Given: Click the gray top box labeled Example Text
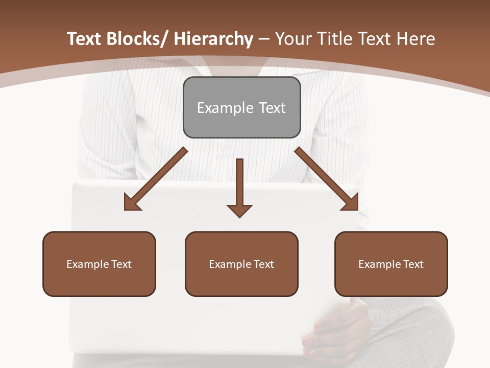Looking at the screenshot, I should click(241, 107).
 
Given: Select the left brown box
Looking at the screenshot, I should click(99, 264).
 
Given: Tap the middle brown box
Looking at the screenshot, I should click(241, 264).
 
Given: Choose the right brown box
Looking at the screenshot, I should click(391, 264).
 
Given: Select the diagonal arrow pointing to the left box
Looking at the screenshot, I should click(156, 179).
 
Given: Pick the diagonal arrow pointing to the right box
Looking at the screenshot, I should click(327, 179).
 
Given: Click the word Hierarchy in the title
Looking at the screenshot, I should click(213, 39).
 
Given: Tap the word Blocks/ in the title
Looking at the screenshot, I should click(139, 39).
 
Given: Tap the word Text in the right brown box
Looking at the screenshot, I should click(412, 264).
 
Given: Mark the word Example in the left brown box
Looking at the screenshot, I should click(88, 264).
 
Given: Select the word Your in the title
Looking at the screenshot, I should click(292, 39).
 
